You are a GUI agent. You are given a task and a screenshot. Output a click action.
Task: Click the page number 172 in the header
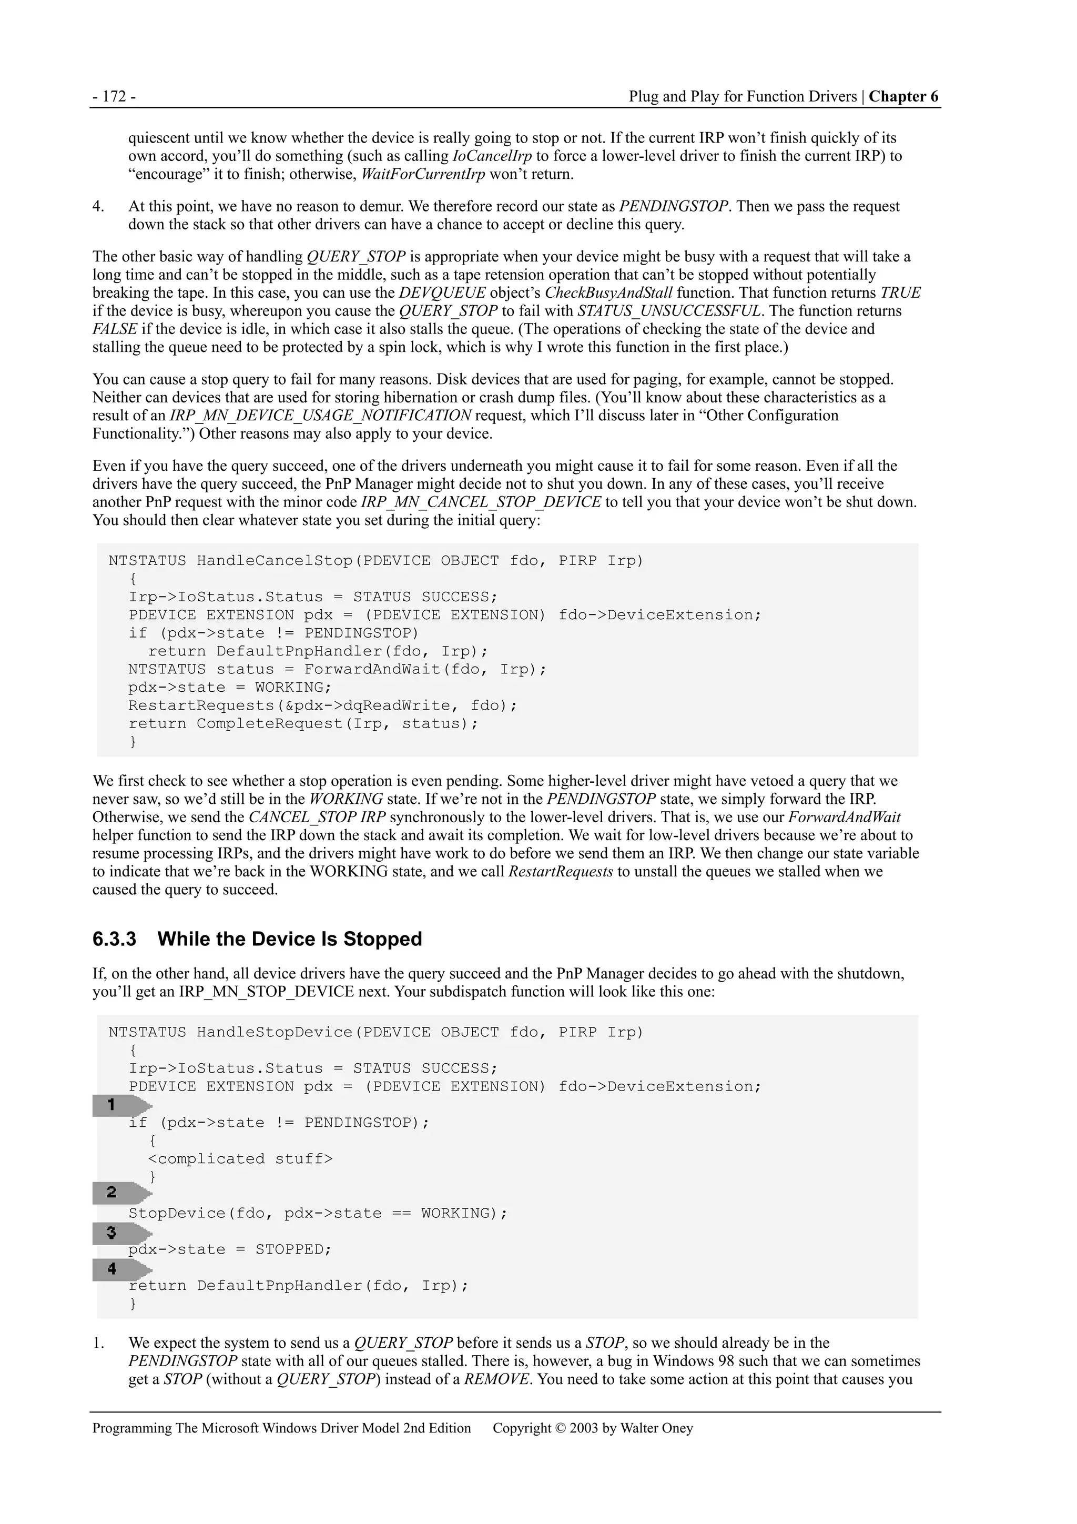tap(114, 97)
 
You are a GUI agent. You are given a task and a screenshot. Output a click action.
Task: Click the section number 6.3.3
tap(114, 939)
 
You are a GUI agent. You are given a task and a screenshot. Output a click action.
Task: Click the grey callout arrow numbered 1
tap(121, 1105)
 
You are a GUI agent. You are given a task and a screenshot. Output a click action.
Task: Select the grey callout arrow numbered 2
tap(121, 1193)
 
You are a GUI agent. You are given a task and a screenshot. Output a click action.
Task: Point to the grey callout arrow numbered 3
tap(121, 1233)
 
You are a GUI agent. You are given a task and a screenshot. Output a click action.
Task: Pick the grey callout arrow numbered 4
tap(121, 1269)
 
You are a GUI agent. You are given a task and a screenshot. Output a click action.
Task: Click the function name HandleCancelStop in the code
tap(274, 561)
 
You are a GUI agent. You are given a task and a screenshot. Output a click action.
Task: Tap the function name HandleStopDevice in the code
tap(274, 1032)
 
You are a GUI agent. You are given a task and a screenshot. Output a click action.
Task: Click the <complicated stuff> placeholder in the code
tap(240, 1159)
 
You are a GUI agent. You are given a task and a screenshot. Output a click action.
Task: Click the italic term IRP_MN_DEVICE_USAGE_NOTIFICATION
tap(320, 416)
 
